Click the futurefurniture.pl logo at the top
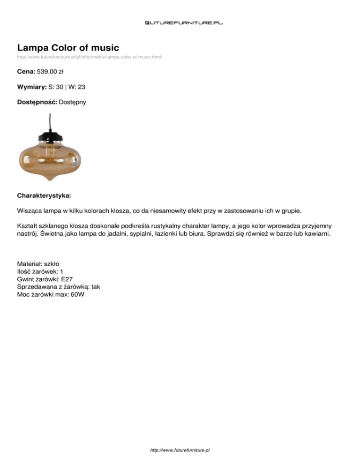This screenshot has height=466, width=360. point(183,22)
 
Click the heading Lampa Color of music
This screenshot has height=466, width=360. point(68,47)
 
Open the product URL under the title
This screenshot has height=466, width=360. point(90,57)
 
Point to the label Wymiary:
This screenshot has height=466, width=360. point(31,87)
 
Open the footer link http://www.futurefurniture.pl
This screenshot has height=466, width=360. point(180,450)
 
